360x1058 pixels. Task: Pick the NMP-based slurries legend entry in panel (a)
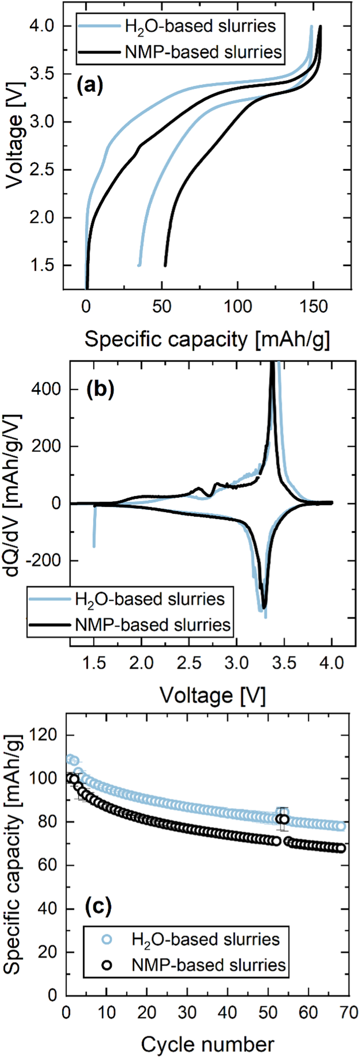203,52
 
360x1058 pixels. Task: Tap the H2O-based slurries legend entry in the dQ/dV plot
149,599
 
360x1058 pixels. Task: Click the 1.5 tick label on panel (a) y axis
41,265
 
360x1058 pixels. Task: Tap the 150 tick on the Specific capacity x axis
314,306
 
